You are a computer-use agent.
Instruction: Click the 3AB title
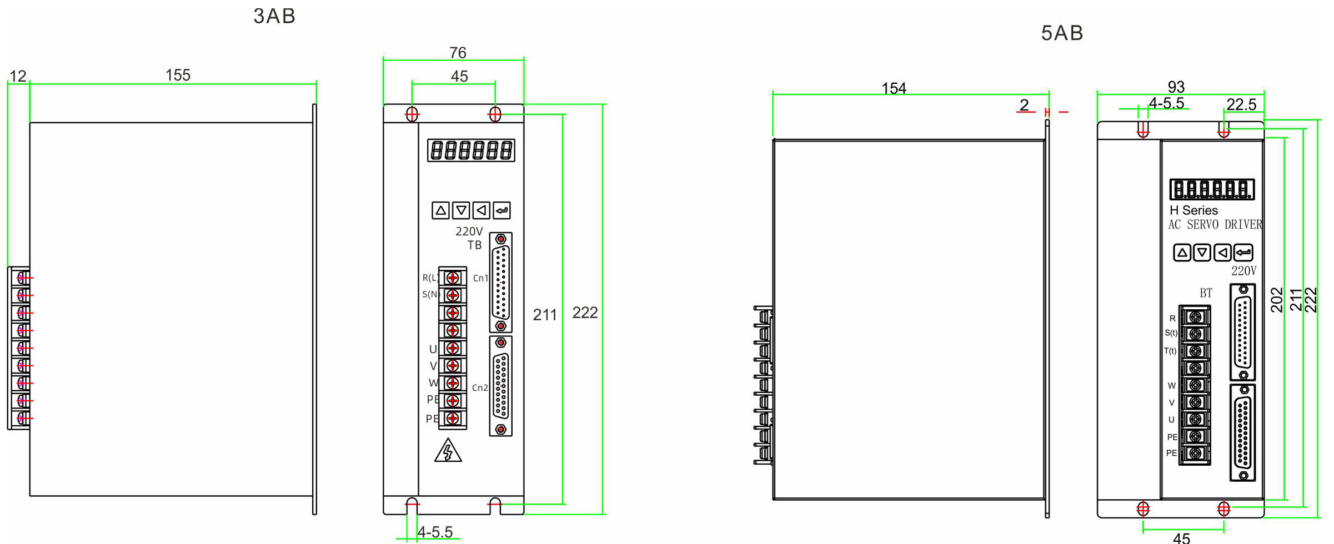tap(274, 16)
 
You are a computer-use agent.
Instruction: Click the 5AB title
tap(1062, 33)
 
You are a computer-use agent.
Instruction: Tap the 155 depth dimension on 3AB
tap(178, 75)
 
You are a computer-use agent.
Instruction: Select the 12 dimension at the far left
tap(18, 76)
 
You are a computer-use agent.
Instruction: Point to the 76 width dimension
tap(458, 53)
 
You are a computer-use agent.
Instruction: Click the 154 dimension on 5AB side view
tap(894, 88)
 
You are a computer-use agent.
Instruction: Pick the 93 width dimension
tap(1176, 87)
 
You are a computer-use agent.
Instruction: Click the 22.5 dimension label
tap(1241, 104)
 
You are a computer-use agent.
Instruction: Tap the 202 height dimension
tap(1277, 300)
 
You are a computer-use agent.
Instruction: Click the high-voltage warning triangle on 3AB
tap(448, 451)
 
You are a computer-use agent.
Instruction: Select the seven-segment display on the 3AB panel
tap(471, 150)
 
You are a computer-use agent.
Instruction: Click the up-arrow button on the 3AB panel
tap(440, 210)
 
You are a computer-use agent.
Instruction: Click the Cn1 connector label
tap(480, 278)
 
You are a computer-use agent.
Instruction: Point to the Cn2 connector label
tap(480, 387)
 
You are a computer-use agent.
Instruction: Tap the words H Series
tap(1193, 210)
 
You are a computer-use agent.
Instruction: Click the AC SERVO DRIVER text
tap(1215, 225)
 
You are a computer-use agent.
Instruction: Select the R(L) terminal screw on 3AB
tap(453, 278)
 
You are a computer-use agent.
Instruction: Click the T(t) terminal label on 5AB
tap(1170, 351)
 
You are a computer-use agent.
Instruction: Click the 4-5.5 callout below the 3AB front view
tap(435, 532)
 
